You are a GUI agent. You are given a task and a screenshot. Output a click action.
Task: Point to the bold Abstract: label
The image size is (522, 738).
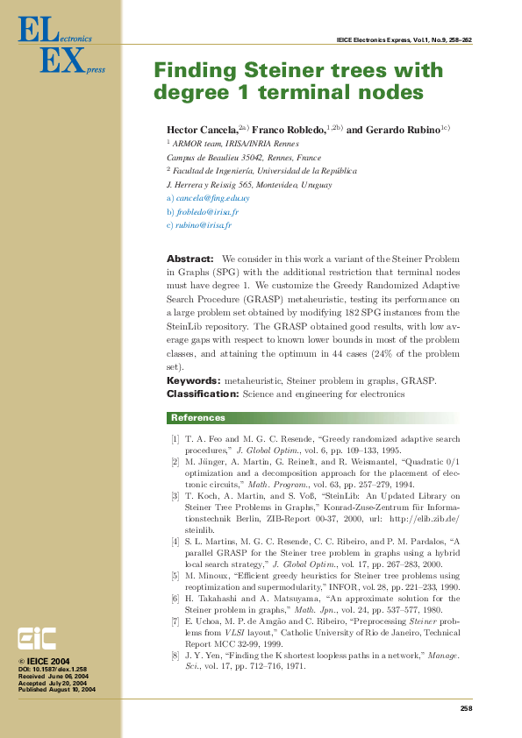(x=189, y=259)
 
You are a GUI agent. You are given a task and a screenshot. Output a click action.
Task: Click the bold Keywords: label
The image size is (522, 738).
(x=194, y=381)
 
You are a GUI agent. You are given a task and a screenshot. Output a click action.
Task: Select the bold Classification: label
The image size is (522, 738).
(x=203, y=394)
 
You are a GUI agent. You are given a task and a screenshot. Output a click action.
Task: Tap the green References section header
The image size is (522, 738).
(x=197, y=418)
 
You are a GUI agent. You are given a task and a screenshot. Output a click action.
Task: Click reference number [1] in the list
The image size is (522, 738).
(x=175, y=438)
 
